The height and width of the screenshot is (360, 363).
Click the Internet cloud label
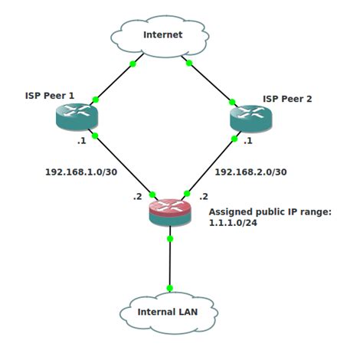(163, 34)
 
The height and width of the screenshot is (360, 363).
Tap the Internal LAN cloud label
(168, 312)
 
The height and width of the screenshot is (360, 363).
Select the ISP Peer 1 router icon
(77, 116)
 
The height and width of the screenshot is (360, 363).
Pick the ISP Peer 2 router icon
(251, 119)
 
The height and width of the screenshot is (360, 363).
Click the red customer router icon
(170, 212)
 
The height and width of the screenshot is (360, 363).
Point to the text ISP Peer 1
(50, 96)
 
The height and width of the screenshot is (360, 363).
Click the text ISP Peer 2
(287, 99)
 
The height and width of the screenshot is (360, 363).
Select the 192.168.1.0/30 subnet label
(81, 172)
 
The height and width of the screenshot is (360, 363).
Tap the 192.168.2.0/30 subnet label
(250, 172)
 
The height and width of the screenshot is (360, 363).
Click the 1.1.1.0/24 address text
(233, 223)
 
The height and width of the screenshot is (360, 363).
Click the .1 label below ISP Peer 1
(82, 141)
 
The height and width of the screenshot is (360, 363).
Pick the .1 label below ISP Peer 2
(248, 141)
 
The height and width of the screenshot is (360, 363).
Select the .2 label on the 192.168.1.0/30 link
(138, 196)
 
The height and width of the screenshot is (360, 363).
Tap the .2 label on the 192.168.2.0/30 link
(204, 196)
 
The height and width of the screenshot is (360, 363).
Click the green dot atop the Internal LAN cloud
(170, 288)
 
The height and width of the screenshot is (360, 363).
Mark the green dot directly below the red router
(170, 239)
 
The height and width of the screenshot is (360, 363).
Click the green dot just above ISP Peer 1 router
(96, 100)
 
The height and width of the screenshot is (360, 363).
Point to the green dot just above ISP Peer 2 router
(232, 102)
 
